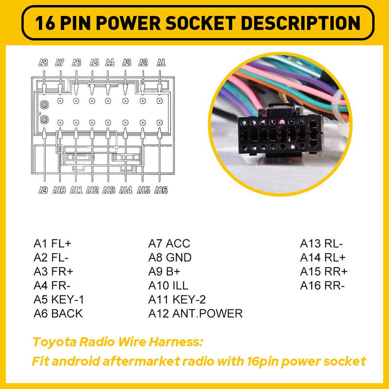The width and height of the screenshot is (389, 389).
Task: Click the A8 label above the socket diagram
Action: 44,62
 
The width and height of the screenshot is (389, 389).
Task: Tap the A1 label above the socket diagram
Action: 161,62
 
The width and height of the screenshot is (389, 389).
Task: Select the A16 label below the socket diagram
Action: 161,190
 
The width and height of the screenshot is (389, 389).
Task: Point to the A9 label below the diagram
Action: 43,190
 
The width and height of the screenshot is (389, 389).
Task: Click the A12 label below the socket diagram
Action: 92,190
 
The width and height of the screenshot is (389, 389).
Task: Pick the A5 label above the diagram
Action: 94,62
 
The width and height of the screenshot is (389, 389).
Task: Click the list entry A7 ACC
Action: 169,244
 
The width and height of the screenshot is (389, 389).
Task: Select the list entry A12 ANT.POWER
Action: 195,314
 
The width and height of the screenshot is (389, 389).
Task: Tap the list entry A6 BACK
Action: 58,314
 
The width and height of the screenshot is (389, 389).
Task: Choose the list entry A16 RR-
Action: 322,286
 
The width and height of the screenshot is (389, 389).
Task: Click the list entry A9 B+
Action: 164,272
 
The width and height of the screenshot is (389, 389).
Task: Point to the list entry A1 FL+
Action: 52,244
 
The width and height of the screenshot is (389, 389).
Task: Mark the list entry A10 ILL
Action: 168,286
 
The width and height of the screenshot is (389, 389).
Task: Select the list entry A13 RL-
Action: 321,244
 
